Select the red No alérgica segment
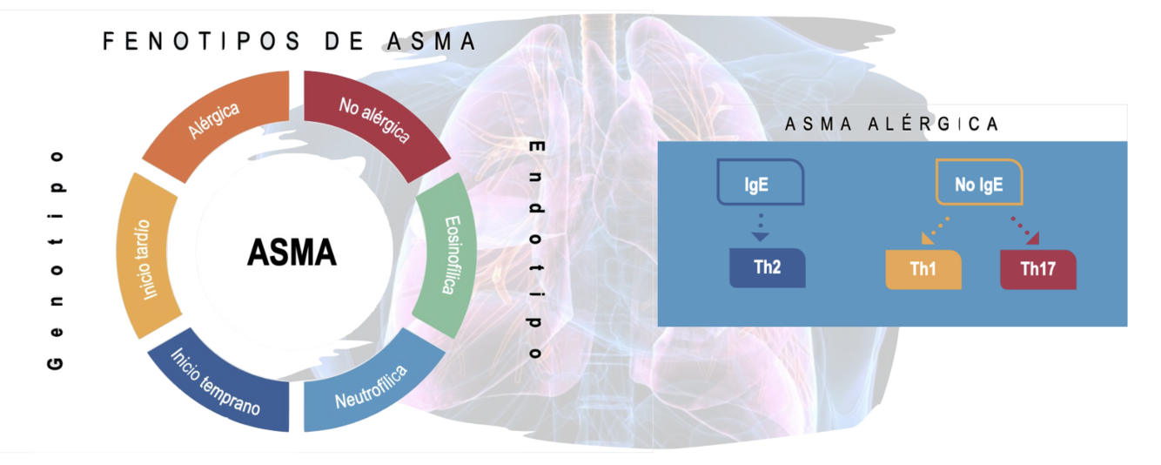point(373,121)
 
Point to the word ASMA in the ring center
point(292,253)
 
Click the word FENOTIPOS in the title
point(200,41)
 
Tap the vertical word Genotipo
point(56,259)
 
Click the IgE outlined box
point(759,183)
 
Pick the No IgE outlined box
point(978,183)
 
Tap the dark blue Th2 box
point(767,268)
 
